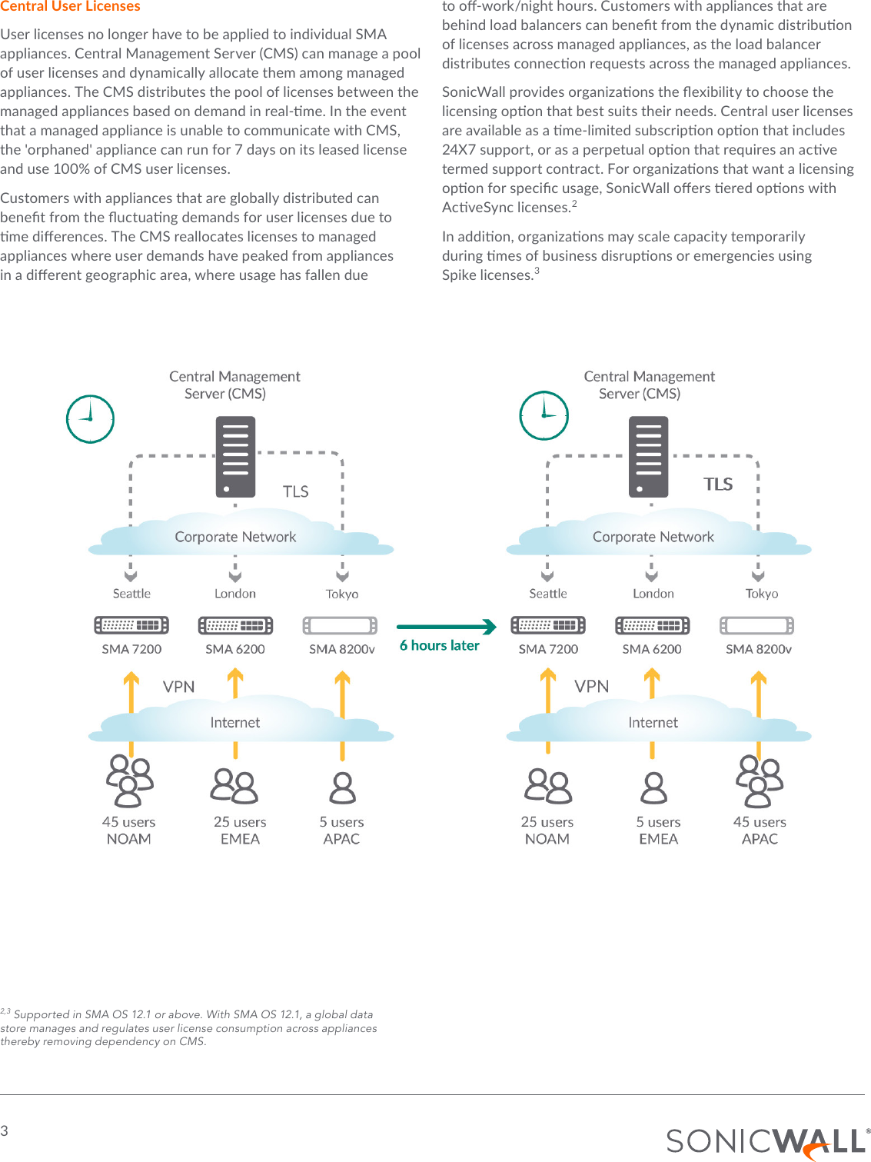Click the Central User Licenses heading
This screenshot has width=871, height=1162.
pyautogui.click(x=70, y=6)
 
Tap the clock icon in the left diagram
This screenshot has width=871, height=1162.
pyautogui.click(x=90, y=419)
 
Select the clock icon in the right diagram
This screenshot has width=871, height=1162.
pyautogui.click(x=544, y=415)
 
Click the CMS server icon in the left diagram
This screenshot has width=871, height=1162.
pyautogui.click(x=235, y=458)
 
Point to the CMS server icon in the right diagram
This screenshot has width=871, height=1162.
pyautogui.click(x=648, y=458)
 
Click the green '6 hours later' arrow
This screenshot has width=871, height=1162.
pyautogui.click(x=446, y=627)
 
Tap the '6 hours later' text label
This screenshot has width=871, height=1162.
pyautogui.click(x=439, y=646)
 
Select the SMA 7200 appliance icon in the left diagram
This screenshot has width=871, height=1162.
pyautogui.click(x=131, y=625)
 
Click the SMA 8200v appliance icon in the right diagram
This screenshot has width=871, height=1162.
pyautogui.click(x=757, y=625)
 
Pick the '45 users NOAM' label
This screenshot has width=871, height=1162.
pyautogui.click(x=129, y=831)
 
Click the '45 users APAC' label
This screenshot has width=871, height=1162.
pyautogui.click(x=760, y=831)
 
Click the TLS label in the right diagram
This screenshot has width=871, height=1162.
pyautogui.click(x=718, y=484)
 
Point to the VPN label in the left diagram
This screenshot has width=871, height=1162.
pyautogui.click(x=178, y=687)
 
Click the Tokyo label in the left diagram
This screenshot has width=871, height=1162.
pyautogui.click(x=342, y=594)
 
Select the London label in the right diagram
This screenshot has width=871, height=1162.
pyautogui.click(x=653, y=594)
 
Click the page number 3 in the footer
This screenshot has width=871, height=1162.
pyautogui.click(x=5, y=1130)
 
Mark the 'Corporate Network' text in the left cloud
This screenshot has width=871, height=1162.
pyautogui.click(x=235, y=537)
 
